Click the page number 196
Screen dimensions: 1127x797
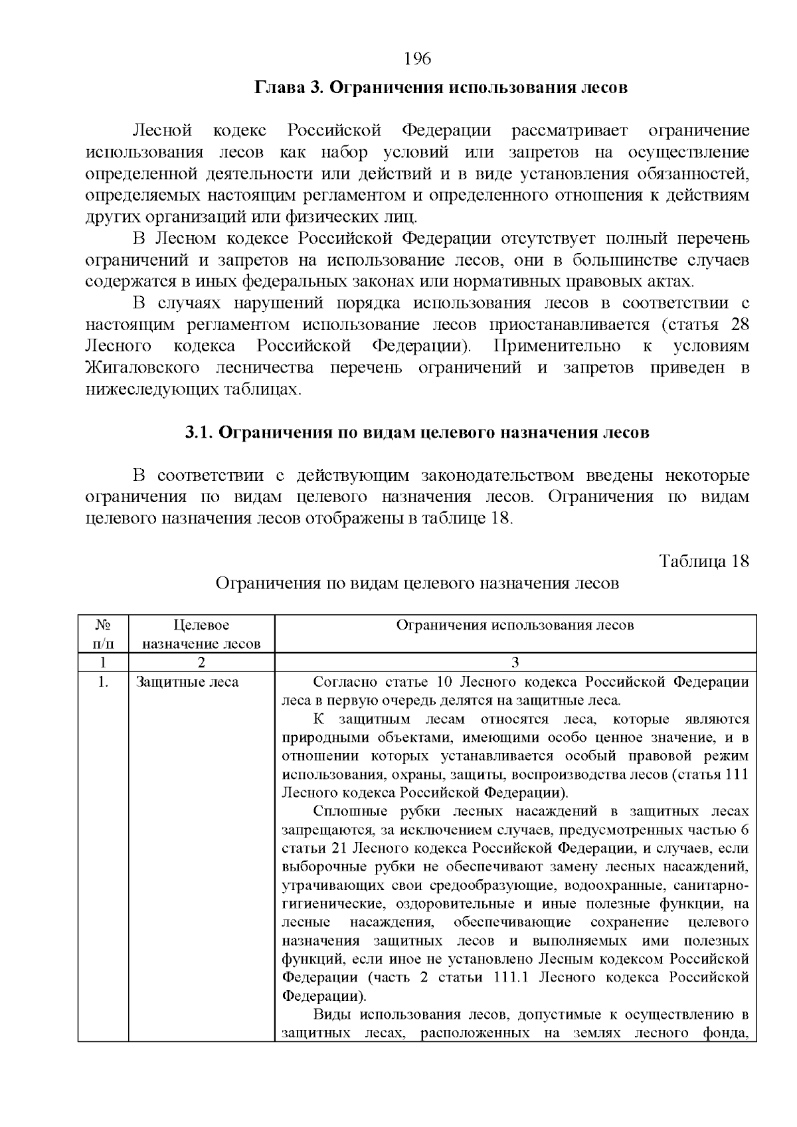(418, 59)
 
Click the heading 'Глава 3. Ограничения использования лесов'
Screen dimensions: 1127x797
(440, 88)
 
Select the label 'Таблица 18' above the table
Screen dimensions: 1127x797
(704, 561)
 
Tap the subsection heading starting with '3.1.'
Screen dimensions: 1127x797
(417, 433)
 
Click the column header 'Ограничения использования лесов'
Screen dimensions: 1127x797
(515, 625)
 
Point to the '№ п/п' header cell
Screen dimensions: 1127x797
(103, 634)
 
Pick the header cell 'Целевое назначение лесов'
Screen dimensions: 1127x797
(201, 634)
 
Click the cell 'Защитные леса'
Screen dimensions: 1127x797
(187, 682)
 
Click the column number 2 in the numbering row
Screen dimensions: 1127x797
(201, 662)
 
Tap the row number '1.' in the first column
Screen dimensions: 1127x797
(103, 682)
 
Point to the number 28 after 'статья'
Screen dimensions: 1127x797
(739, 325)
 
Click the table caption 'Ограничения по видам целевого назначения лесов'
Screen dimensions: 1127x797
(417, 584)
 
